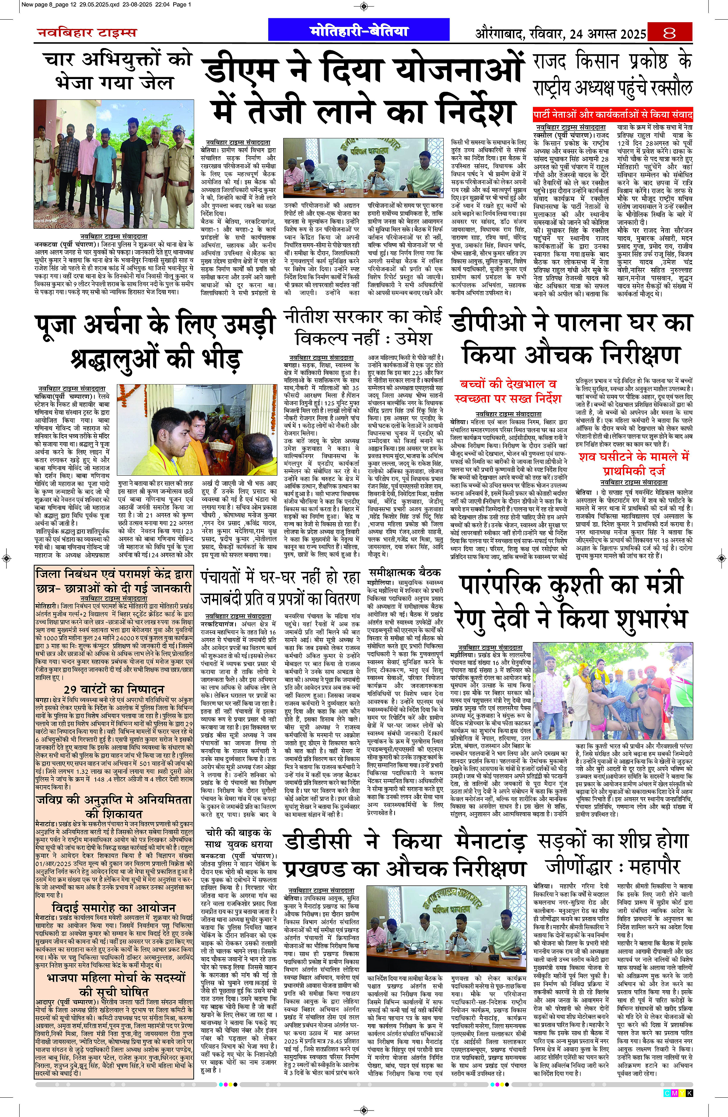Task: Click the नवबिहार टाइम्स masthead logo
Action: click(87, 33)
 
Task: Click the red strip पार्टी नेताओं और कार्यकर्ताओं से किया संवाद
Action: click(613, 114)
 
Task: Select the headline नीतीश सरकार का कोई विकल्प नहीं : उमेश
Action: click(364, 327)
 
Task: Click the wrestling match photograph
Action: click(613, 691)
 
